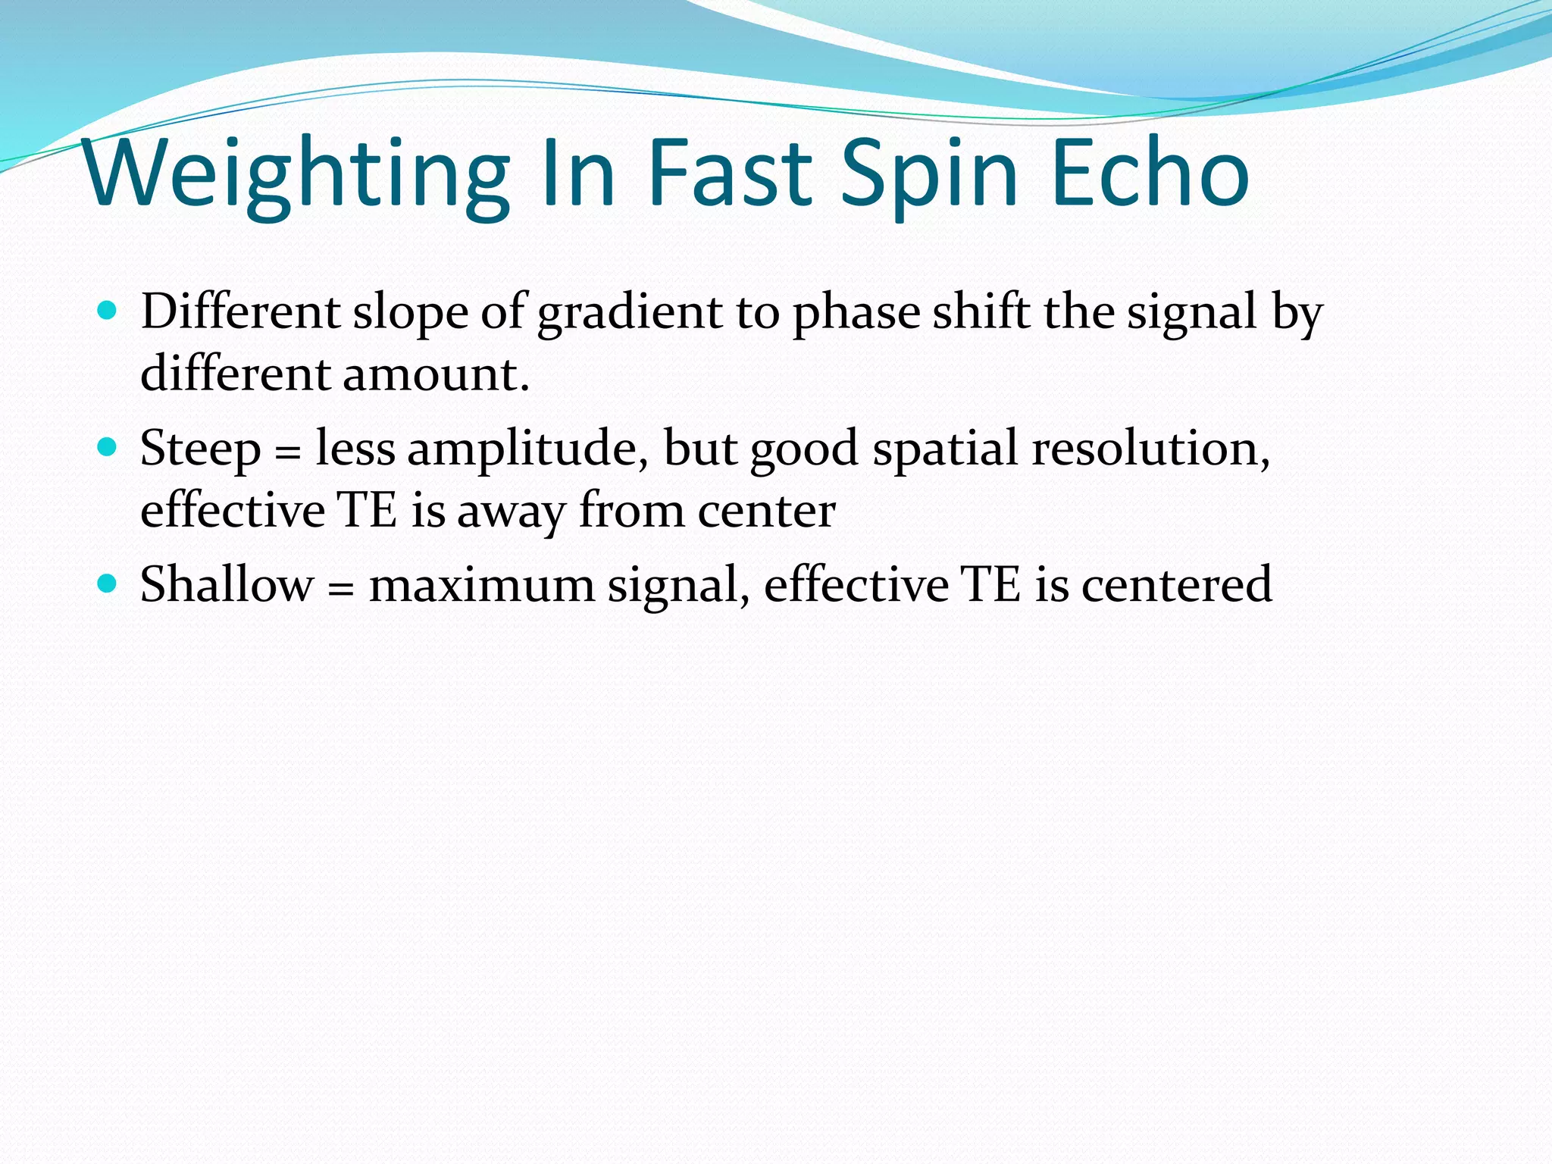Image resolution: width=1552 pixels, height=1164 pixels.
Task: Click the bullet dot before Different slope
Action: (108, 310)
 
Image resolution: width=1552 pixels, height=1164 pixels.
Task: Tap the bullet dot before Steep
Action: (108, 446)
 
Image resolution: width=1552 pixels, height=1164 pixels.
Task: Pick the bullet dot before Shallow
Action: (108, 583)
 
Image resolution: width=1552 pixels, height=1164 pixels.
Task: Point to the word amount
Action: (435, 374)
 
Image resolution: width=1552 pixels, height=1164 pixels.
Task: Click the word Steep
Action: (200, 450)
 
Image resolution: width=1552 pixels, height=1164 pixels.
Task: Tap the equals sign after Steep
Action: (287, 453)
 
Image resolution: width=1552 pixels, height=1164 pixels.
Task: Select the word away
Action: (511, 512)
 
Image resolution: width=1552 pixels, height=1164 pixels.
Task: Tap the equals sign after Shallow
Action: (341, 590)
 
